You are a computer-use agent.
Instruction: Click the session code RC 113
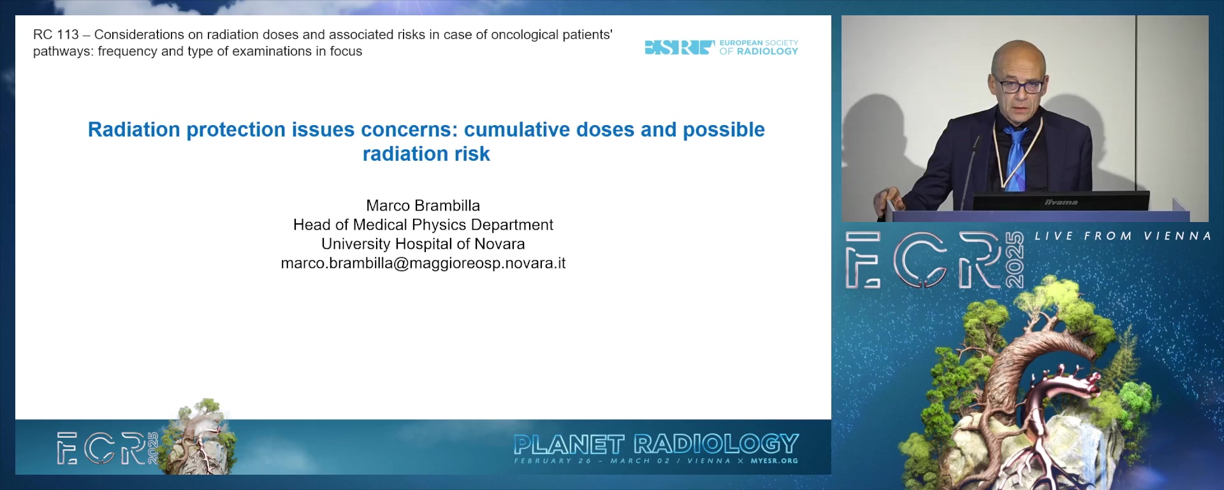(x=56, y=35)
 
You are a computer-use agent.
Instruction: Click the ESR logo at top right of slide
(x=721, y=47)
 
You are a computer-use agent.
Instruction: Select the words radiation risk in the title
(x=426, y=154)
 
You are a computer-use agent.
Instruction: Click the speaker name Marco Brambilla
(x=423, y=205)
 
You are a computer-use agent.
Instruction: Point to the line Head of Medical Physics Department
(x=423, y=225)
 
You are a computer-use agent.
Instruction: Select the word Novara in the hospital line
(x=500, y=244)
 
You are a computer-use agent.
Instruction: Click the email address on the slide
(x=423, y=263)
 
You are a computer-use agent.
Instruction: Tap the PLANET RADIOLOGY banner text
(x=656, y=444)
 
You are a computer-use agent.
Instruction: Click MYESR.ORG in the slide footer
(x=775, y=461)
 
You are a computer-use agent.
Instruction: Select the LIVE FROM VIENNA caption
(x=1123, y=236)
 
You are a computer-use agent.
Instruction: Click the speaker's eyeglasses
(x=1019, y=85)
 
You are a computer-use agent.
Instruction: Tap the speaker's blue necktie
(x=1015, y=157)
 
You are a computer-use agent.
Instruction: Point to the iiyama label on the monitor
(x=1061, y=202)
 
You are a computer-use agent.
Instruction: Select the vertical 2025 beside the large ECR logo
(x=1014, y=260)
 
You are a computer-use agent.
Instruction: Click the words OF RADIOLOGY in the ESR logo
(x=759, y=52)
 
